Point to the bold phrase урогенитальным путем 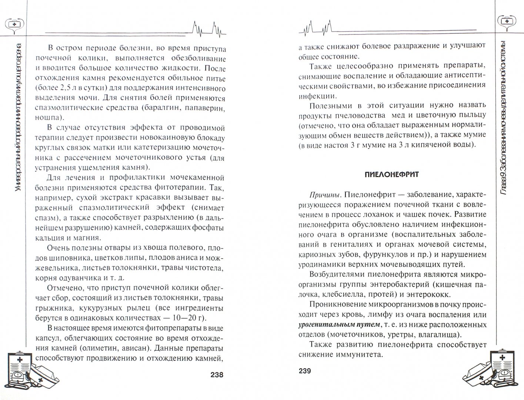pyautogui.click(x=338, y=325)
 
